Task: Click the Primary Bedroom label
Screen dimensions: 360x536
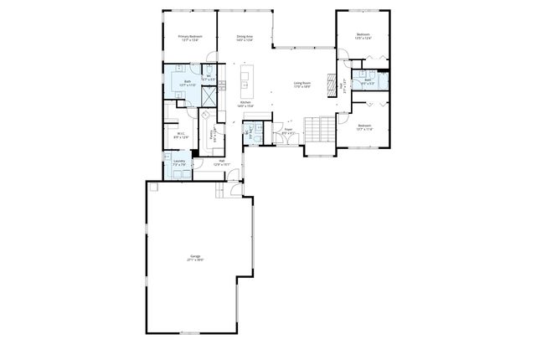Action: point(190,38)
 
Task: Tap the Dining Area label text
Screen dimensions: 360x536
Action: point(245,38)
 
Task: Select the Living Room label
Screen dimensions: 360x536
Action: point(302,84)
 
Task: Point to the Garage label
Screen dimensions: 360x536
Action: point(195,259)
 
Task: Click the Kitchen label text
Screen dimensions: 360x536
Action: point(245,105)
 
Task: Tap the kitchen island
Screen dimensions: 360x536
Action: point(245,80)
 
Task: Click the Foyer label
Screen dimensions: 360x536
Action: point(287,131)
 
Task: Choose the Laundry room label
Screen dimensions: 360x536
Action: point(179,163)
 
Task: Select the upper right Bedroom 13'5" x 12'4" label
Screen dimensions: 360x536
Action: point(363,38)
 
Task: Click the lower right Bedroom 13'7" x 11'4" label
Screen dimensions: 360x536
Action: point(363,128)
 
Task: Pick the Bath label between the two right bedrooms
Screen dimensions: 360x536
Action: point(367,82)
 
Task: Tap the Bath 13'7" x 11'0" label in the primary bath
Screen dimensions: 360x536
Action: point(188,83)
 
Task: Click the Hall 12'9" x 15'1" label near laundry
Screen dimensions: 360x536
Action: point(221,162)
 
